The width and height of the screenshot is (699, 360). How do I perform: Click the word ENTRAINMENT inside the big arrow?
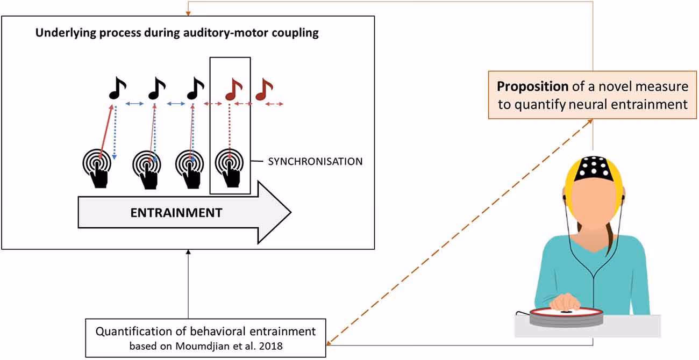point(176,212)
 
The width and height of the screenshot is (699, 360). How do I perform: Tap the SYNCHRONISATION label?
point(315,161)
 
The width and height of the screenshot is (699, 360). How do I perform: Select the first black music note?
point(117,89)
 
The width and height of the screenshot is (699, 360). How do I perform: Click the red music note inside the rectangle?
point(233,89)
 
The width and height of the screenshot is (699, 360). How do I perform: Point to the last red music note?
point(263,89)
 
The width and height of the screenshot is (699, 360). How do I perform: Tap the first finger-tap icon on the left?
point(98,168)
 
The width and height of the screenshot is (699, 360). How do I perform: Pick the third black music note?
point(195,89)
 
